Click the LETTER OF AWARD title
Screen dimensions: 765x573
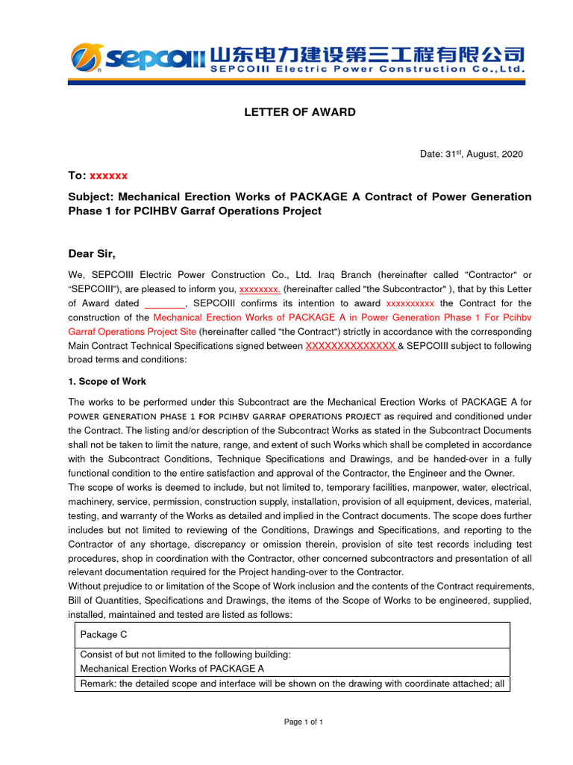click(x=300, y=112)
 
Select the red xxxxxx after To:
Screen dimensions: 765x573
click(x=109, y=176)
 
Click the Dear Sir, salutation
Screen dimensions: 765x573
click(x=92, y=253)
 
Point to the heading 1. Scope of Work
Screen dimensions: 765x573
click(x=107, y=381)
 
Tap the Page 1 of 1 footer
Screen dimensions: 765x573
click(x=303, y=722)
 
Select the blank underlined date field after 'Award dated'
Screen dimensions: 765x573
click(x=164, y=303)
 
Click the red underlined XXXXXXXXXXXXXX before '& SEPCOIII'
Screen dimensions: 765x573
click(x=351, y=346)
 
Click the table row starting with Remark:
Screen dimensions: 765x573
click(x=292, y=684)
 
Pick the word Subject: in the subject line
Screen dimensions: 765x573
click(x=90, y=196)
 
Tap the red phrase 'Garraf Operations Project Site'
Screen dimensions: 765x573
click(x=132, y=332)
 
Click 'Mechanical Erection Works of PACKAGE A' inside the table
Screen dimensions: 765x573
click(x=172, y=669)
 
